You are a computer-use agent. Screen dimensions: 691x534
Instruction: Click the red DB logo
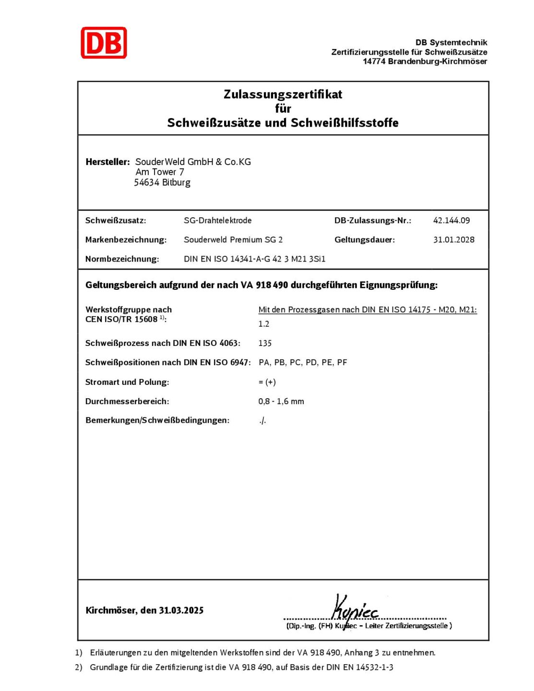[104, 43]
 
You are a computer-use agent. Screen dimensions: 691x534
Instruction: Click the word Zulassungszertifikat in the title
[283, 94]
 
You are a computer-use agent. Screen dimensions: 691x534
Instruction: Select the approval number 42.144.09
[451, 220]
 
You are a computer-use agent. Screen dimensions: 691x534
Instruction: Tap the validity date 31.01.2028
[453, 239]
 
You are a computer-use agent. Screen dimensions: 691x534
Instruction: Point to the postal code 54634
[146, 182]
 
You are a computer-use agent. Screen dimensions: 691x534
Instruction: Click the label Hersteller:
[107, 162]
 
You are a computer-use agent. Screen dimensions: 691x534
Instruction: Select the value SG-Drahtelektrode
[217, 220]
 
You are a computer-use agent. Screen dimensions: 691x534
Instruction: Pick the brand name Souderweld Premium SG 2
[233, 239]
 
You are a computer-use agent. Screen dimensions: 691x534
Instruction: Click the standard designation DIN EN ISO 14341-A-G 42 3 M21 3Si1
[254, 259]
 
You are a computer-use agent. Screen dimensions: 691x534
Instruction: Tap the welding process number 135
[265, 343]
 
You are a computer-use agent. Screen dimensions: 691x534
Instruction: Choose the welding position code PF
[342, 362]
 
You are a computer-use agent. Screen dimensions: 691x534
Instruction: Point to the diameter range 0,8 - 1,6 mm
[281, 401]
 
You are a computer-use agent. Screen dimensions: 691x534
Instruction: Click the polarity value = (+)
[267, 382]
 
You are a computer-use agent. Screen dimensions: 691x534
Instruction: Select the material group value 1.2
[264, 324]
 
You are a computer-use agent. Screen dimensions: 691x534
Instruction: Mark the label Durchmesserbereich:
[127, 401]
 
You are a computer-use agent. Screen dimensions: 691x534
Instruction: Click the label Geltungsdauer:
[365, 239]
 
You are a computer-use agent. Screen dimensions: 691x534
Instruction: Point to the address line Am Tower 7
[160, 172]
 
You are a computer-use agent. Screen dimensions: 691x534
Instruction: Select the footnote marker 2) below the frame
[79, 667]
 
